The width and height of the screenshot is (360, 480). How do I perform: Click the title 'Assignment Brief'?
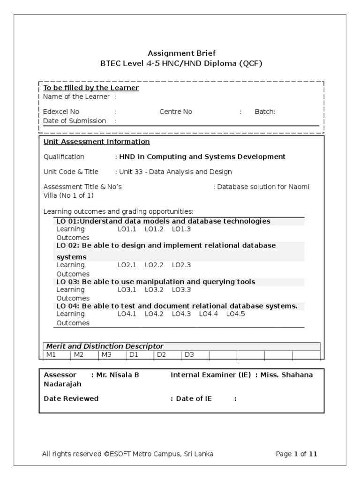(182, 53)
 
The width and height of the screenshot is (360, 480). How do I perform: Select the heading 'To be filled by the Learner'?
(91, 88)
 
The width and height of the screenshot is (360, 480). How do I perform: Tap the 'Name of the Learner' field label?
(76, 97)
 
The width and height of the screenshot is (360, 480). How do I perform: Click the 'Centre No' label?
(176, 112)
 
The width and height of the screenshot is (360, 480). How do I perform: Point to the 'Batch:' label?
(265, 112)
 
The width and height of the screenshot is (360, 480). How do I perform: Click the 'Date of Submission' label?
(75, 120)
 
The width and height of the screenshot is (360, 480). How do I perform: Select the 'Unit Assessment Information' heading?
(97, 142)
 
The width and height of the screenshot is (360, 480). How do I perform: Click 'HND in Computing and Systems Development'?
(202, 157)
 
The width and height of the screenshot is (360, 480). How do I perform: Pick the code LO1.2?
(154, 229)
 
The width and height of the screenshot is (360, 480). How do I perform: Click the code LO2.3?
(181, 265)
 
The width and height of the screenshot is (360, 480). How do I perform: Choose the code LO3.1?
(127, 290)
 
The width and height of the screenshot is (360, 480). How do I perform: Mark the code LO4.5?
(235, 314)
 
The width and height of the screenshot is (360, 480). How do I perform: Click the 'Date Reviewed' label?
(71, 398)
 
